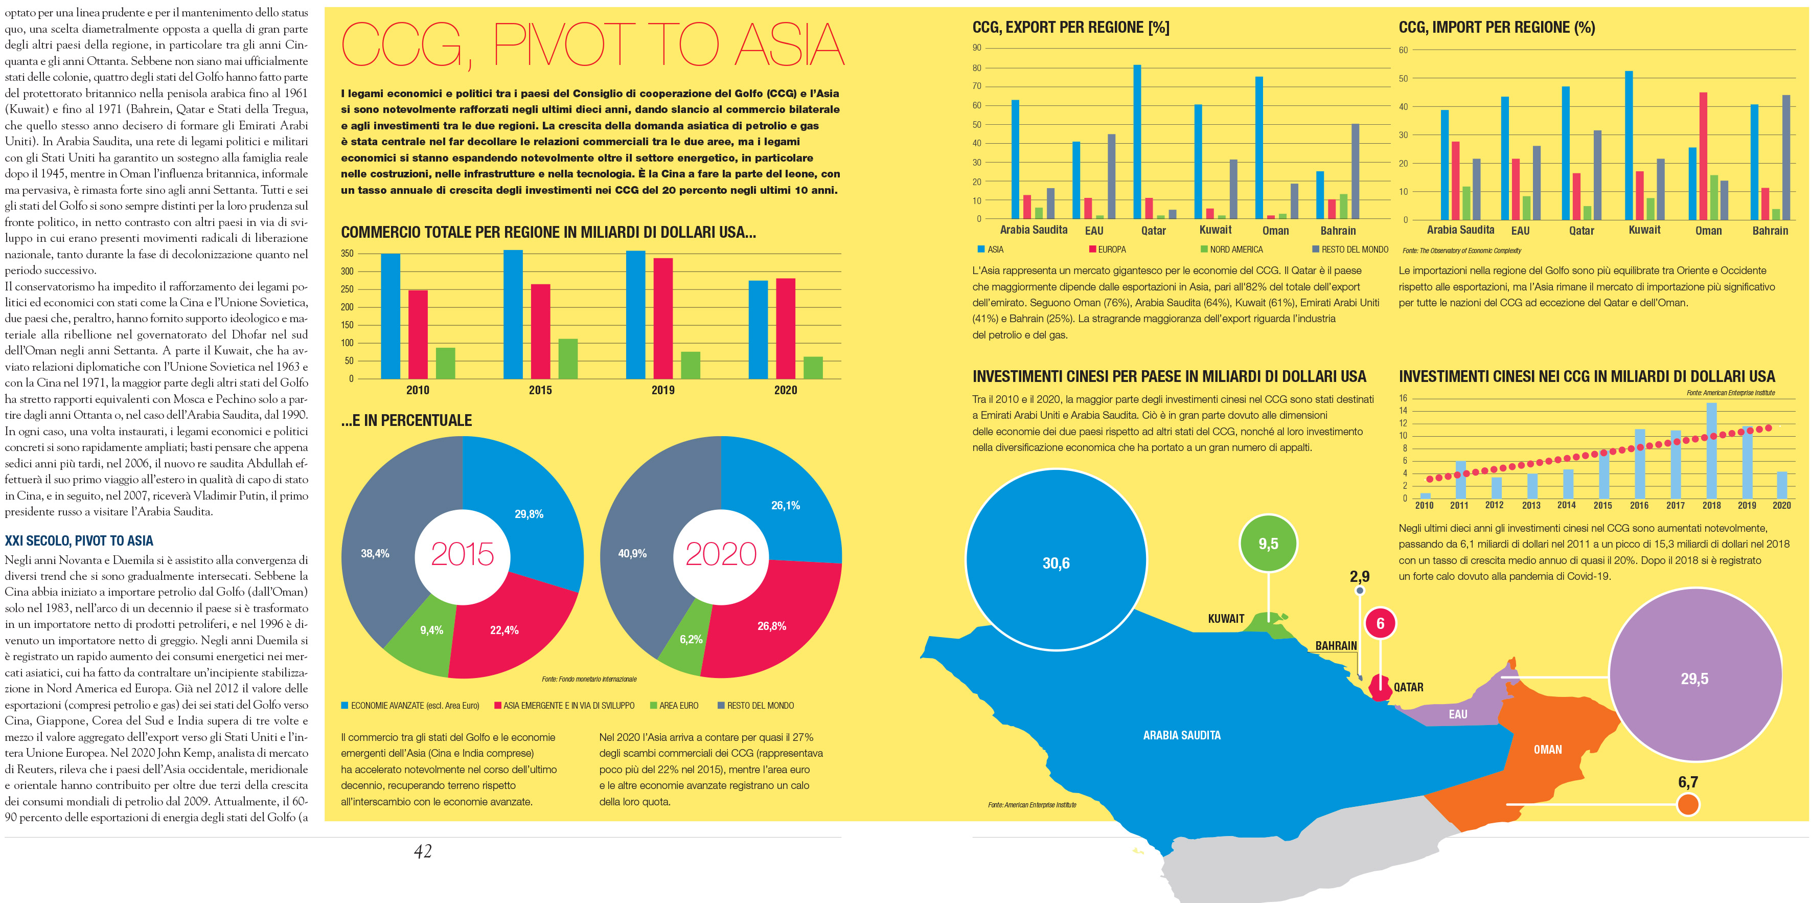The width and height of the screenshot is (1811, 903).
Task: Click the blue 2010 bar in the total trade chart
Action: pyautogui.click(x=390, y=317)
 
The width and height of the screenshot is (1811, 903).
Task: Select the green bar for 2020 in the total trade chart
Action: pyautogui.click(x=813, y=368)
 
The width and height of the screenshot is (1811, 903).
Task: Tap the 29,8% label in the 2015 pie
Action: pyautogui.click(x=529, y=514)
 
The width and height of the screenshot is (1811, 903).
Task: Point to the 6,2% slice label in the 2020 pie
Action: pyautogui.click(x=691, y=639)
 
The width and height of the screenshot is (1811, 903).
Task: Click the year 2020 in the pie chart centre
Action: pyautogui.click(x=721, y=554)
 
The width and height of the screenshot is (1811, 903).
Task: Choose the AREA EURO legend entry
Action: pyautogui.click(x=674, y=706)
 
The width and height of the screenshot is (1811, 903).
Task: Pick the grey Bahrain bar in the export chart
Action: pyautogui.click(x=1355, y=172)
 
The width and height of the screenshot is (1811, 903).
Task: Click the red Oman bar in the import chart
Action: pyautogui.click(x=1703, y=156)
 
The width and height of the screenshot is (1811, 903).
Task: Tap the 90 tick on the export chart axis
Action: pyautogui.click(x=976, y=48)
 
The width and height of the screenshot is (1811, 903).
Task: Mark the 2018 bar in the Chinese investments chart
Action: pyautogui.click(x=1711, y=450)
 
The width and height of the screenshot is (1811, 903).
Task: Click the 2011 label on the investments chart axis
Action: pyautogui.click(x=1459, y=506)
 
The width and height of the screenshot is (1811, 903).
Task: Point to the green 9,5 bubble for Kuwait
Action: pyautogui.click(x=1268, y=544)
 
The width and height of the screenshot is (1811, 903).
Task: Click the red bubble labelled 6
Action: pyautogui.click(x=1380, y=624)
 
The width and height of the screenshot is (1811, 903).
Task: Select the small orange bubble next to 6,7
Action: pyautogui.click(x=1687, y=804)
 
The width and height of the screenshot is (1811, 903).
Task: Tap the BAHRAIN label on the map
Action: pyautogui.click(x=1336, y=646)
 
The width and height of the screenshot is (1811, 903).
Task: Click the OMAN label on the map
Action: pyautogui.click(x=1547, y=750)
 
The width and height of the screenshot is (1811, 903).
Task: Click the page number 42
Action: pyautogui.click(x=423, y=852)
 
